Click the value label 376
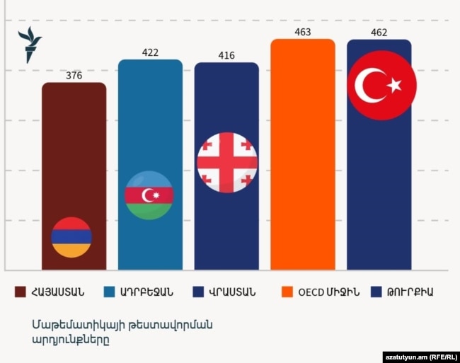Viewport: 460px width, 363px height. coord(74,76)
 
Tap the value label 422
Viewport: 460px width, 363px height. coord(150,52)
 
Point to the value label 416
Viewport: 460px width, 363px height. coord(226,55)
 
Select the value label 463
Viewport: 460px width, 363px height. coord(303,32)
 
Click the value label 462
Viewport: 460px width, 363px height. coord(379,33)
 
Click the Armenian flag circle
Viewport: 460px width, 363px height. coord(71,237)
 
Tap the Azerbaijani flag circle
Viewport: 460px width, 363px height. coord(149,195)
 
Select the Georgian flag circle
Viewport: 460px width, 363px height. coord(227,163)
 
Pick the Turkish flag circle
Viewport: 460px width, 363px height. coord(382,86)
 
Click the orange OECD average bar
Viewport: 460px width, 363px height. coord(303,154)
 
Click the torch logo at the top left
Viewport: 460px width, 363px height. coord(30,45)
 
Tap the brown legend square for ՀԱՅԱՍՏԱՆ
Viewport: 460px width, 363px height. coord(21,292)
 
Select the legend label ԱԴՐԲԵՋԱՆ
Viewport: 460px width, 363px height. coord(146,292)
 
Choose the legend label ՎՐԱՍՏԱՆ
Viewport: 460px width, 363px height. coord(232,292)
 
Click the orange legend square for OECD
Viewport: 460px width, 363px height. coord(287,292)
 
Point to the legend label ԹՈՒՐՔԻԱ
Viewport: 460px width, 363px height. coord(410,292)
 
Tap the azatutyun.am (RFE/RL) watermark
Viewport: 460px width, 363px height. coord(421,357)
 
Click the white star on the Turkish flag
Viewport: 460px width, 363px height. coord(395,85)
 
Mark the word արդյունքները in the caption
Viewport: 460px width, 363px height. coord(71,340)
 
